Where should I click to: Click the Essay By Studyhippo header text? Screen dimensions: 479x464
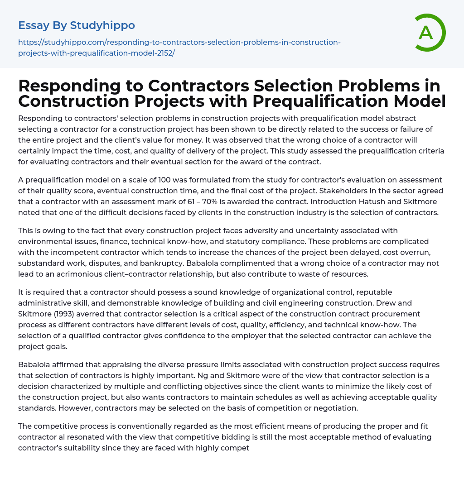coord(77,25)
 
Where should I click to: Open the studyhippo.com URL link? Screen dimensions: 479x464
coord(179,48)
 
